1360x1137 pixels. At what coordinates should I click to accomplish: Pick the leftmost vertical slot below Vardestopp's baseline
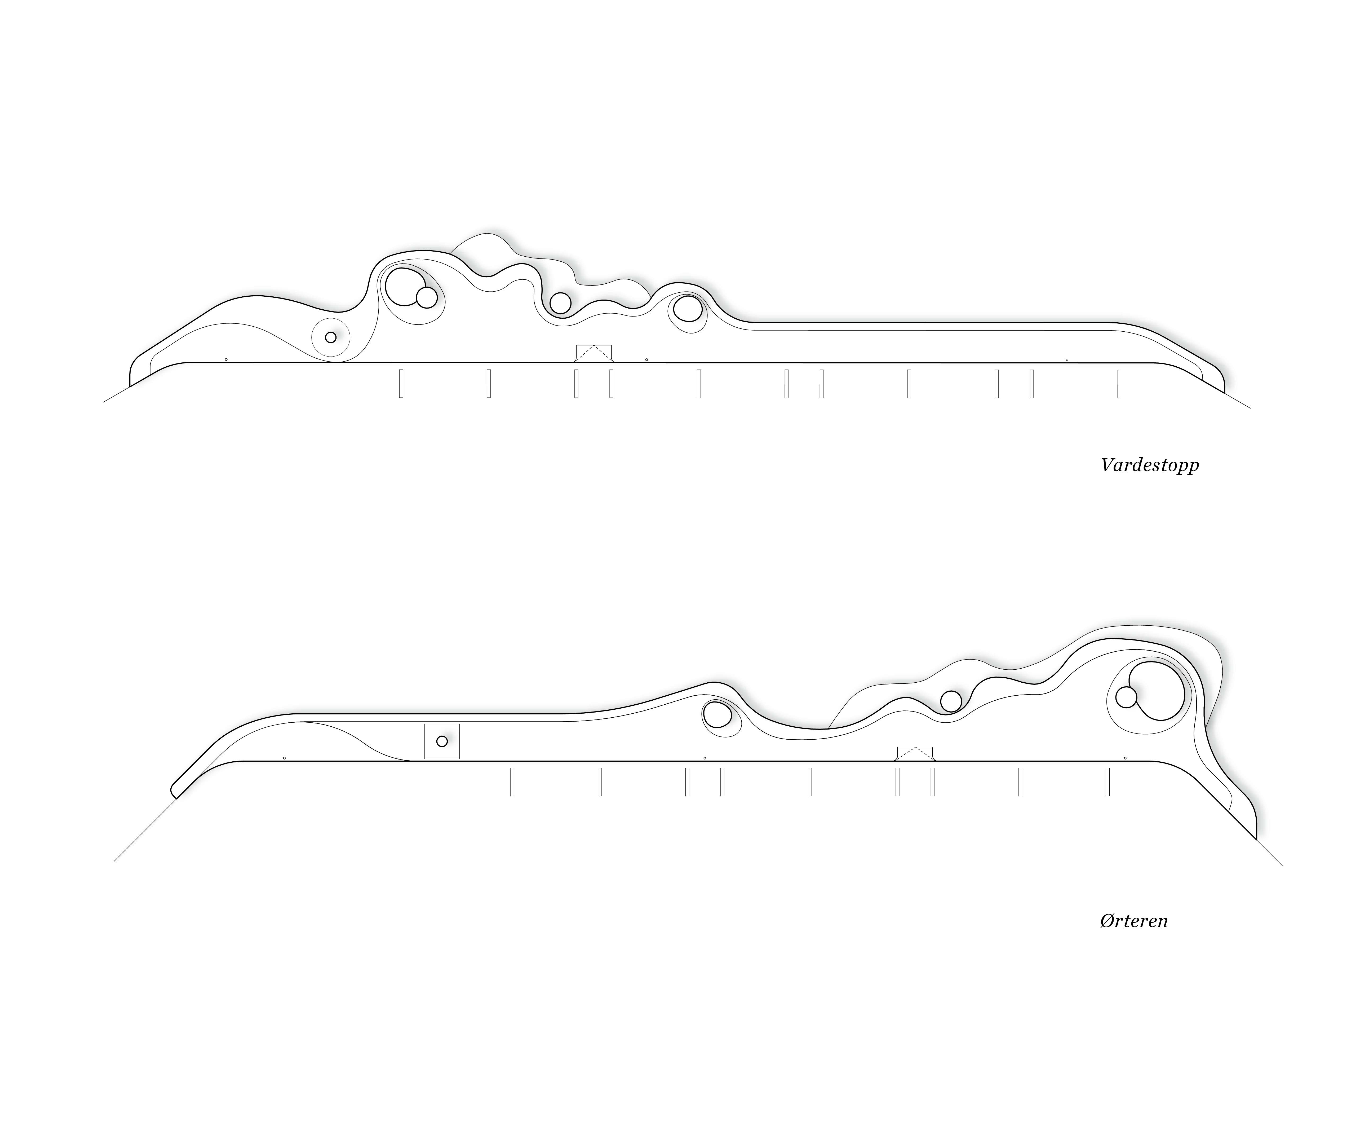click(401, 383)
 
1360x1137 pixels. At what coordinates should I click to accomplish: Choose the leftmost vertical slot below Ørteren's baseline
click(512, 781)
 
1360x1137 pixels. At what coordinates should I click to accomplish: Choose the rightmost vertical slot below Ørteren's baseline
click(1108, 781)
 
